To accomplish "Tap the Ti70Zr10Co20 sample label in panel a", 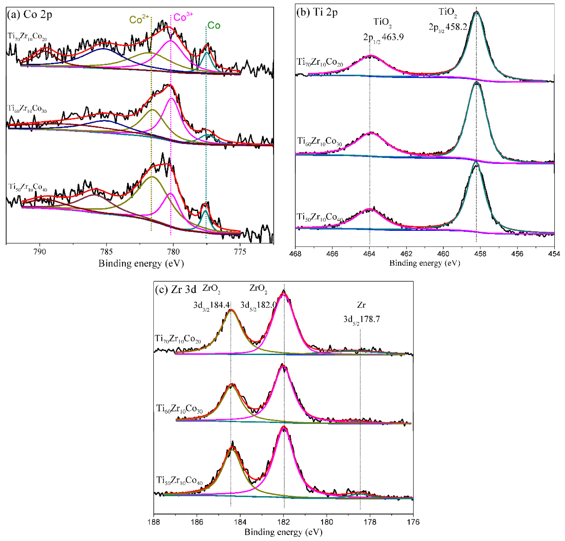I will coord(27,37).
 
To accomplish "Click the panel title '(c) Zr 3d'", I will coord(176,289).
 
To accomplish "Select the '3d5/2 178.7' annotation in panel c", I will coord(361,319).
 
